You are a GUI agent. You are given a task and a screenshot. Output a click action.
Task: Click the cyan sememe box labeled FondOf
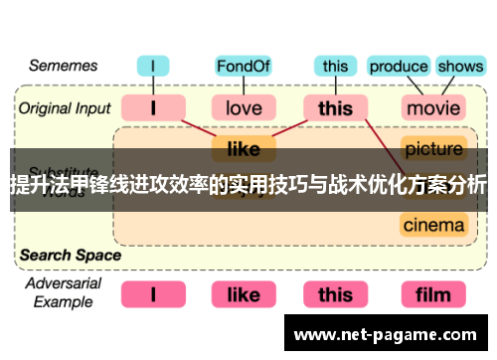[244, 67]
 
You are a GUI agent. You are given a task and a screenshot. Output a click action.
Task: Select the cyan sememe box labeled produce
[398, 67]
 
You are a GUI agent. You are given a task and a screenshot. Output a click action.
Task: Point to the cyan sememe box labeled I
[153, 67]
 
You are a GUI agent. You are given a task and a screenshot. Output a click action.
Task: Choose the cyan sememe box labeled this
[336, 67]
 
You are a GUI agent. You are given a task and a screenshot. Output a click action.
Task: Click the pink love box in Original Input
[244, 106]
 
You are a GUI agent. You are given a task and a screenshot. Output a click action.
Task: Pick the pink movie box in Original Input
[433, 106]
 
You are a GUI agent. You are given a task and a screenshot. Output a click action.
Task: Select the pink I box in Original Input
[153, 106]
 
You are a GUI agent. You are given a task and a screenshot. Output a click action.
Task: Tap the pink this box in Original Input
[336, 106]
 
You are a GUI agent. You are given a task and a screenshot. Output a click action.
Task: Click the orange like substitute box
[244, 150]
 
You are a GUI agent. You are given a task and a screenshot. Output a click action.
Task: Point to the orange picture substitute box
[433, 150]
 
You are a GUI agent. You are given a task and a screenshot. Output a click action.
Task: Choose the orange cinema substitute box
[433, 225]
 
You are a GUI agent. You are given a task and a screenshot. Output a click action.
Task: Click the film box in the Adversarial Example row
[433, 294]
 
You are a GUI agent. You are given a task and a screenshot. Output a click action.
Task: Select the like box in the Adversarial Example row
[244, 294]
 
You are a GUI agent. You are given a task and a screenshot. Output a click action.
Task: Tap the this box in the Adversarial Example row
[336, 294]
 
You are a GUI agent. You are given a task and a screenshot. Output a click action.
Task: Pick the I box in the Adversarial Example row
[153, 294]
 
